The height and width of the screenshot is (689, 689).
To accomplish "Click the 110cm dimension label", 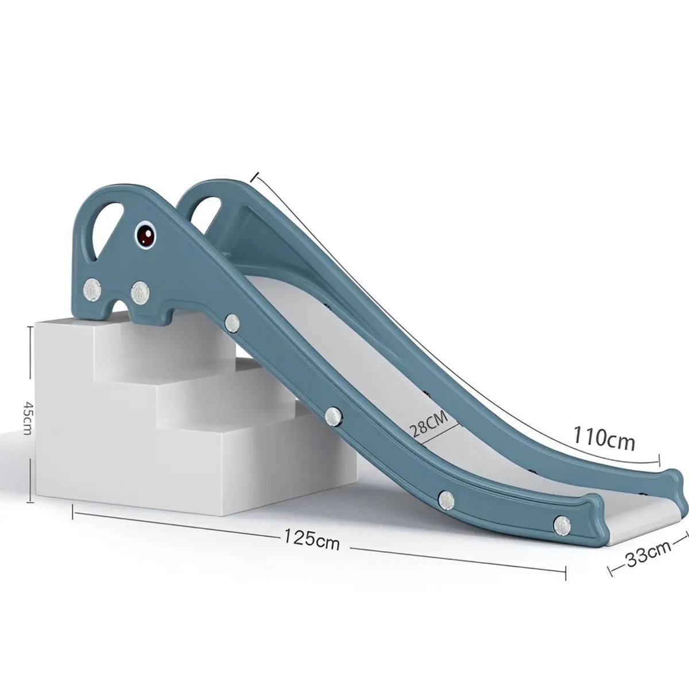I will pyautogui.click(x=603, y=439).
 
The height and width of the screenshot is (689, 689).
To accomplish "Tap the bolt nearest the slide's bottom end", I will pyautogui.click(x=562, y=522).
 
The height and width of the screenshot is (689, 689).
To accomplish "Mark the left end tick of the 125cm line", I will pyautogui.click(x=73, y=510).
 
